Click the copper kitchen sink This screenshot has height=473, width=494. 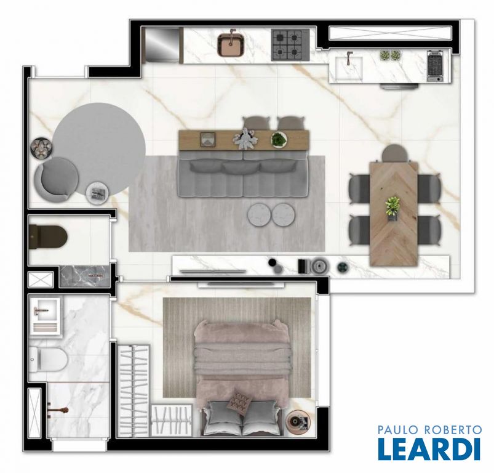tap(231, 45)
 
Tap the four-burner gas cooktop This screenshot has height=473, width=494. tap(287, 45)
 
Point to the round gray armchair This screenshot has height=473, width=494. tap(57, 179)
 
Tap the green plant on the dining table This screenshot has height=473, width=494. tap(392, 207)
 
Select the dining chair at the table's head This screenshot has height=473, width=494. tap(396, 153)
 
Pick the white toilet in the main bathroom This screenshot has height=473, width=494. tap(48, 360)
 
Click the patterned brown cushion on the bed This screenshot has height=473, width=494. tap(241, 402)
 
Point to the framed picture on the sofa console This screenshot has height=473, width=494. tap(208, 140)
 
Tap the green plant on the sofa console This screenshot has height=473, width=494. tap(279, 139)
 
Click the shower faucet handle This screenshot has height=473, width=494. tap(58, 410)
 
